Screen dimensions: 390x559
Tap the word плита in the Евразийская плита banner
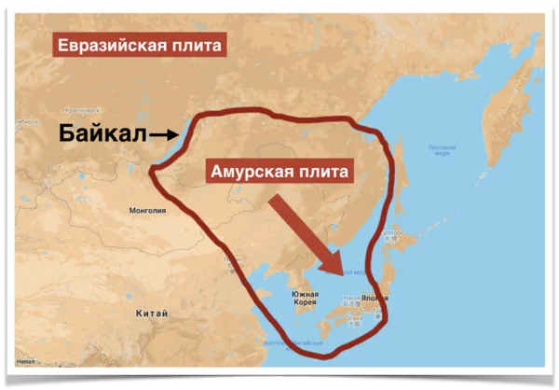(x=198, y=46)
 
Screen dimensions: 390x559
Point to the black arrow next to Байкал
(x=164, y=135)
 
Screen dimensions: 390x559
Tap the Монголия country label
(x=147, y=211)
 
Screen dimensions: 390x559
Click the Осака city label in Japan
(x=352, y=318)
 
